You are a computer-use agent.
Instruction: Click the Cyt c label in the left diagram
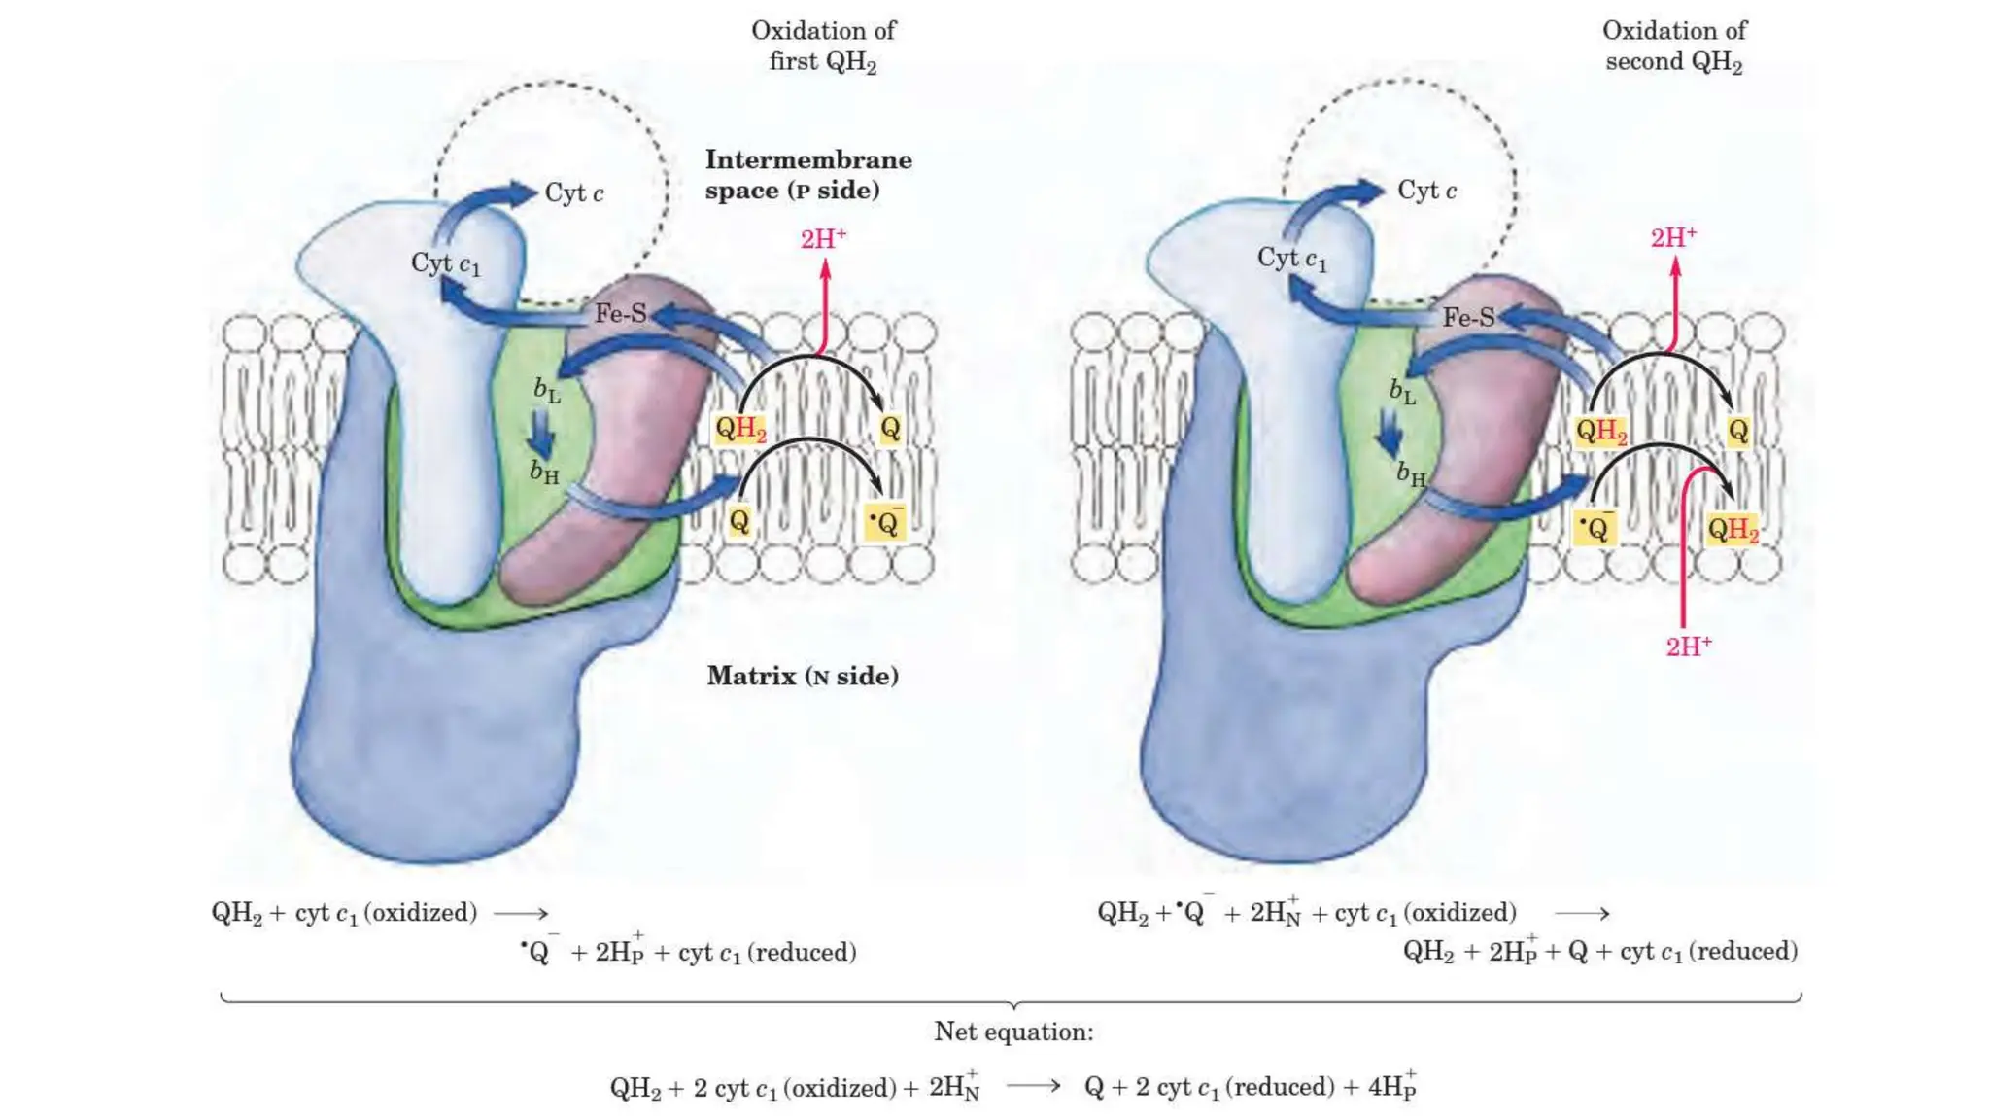tap(573, 193)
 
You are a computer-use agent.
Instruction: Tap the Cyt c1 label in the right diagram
tap(1291, 260)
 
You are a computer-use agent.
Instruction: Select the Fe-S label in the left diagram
tap(620, 313)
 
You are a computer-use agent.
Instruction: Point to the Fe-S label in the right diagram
tap(1468, 317)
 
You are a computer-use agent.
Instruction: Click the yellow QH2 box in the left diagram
tap(740, 429)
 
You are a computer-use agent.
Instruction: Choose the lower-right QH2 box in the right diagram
tap(1733, 530)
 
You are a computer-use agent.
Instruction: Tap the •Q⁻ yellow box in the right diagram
tap(1595, 529)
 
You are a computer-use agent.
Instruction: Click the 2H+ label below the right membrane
tap(1689, 647)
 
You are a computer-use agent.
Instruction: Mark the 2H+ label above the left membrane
tap(823, 239)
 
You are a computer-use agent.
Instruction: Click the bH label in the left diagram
tap(544, 472)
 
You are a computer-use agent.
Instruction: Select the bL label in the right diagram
tap(1402, 392)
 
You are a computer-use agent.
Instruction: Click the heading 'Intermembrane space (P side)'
tap(807, 175)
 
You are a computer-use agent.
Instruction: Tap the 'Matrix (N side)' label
tap(803, 676)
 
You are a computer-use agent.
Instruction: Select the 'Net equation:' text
tap(1013, 1032)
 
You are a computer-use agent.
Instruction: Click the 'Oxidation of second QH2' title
tap(1673, 46)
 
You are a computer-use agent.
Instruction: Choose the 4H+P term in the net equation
tap(1391, 1086)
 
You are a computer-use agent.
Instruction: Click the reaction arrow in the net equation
tap(1033, 1085)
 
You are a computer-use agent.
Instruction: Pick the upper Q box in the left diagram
tap(890, 429)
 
